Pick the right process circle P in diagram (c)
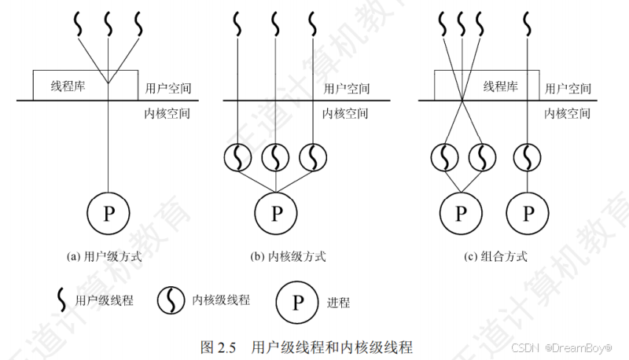pyautogui.click(x=528, y=212)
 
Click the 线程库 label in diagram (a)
pyautogui.click(x=68, y=86)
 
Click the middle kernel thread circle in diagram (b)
pyautogui.click(x=276, y=158)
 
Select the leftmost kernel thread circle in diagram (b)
pyautogui.click(x=238, y=158)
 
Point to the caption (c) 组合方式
pyautogui.click(x=495, y=256)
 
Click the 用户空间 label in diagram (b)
pyautogui.click(x=346, y=88)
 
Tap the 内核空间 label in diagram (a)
pyautogui.click(x=167, y=113)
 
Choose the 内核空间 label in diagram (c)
pyautogui.click(x=568, y=113)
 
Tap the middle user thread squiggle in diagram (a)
pyautogui.click(x=108, y=24)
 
